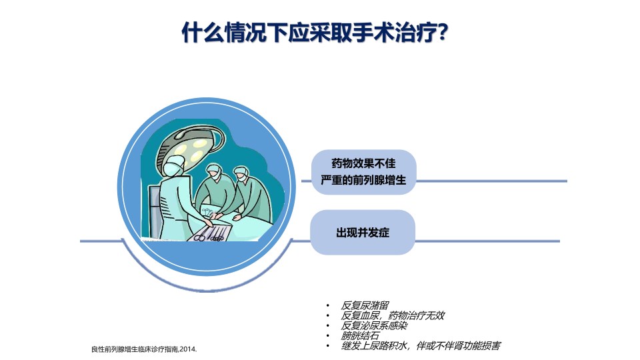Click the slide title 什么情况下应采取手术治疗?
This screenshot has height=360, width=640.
point(315,32)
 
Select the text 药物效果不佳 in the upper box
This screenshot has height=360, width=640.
point(364,164)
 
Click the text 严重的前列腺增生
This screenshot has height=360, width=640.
point(363,180)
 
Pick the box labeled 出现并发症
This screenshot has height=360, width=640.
point(363,232)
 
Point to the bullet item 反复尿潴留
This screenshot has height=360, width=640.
point(365,305)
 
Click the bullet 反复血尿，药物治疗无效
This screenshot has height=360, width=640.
point(393,315)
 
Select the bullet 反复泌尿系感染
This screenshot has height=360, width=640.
point(374,326)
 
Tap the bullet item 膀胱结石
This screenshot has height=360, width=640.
point(360,336)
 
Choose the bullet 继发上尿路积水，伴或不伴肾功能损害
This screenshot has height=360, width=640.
point(421,346)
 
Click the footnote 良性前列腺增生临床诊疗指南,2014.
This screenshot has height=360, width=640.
point(144,349)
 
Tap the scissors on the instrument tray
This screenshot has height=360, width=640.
point(201,236)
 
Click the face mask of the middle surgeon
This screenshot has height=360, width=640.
point(216,177)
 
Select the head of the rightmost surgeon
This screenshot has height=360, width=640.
point(241,174)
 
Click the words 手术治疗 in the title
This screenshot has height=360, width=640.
point(394,32)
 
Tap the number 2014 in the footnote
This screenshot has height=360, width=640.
point(188,349)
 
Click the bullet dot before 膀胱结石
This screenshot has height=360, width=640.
point(327,336)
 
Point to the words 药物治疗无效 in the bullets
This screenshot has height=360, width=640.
point(416,315)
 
